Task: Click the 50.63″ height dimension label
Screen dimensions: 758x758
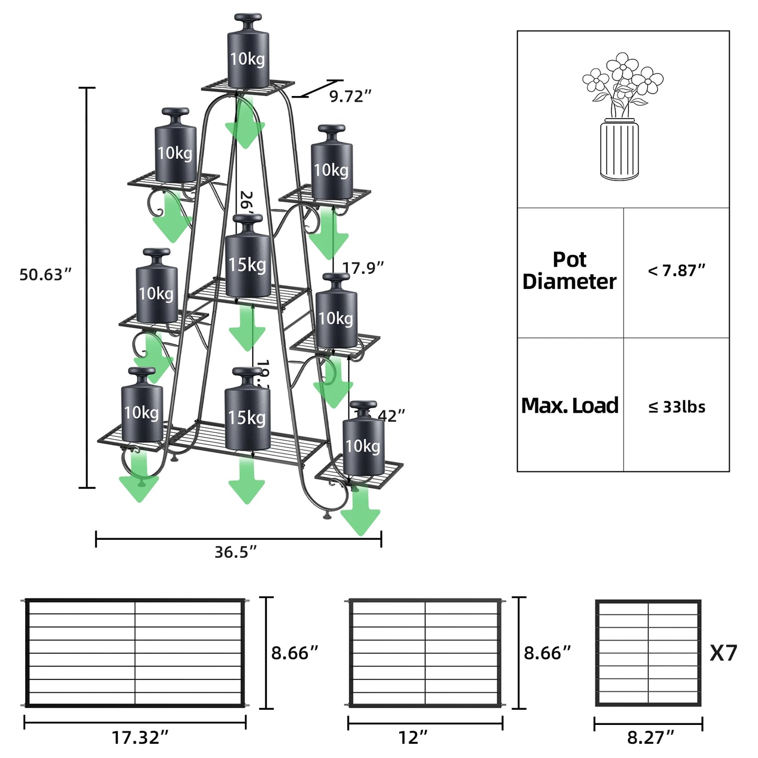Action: click(x=45, y=274)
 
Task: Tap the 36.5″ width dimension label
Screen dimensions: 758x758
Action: click(x=236, y=552)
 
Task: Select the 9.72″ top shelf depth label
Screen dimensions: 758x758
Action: click(x=350, y=96)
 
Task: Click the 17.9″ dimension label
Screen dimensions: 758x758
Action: click(x=363, y=268)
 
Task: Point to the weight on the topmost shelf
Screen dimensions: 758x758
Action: click(x=248, y=52)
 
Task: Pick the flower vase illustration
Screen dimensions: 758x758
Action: click(x=621, y=116)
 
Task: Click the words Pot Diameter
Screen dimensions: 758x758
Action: click(x=570, y=271)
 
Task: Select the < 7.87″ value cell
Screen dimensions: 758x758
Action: click(x=676, y=271)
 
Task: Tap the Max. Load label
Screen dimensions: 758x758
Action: click(x=570, y=405)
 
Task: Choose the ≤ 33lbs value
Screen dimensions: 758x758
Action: click(x=677, y=407)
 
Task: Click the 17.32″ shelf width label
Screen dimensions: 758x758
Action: click(x=140, y=737)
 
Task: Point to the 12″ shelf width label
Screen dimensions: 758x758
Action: click(x=413, y=737)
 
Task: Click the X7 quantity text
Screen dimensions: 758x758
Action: click(x=723, y=653)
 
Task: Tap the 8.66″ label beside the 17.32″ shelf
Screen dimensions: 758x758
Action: click(x=295, y=653)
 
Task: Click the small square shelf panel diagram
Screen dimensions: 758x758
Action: click(x=648, y=653)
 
